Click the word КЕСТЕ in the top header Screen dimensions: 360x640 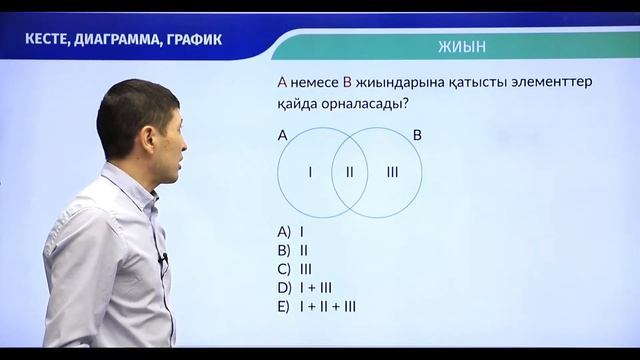pos(54,40)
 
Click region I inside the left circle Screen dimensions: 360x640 pos(310,172)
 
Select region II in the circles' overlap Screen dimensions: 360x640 pos(349,172)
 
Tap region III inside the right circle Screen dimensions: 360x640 pos(391,172)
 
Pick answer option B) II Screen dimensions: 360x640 pos(293,249)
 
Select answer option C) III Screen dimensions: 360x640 pos(295,268)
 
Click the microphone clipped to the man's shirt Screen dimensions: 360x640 pos(163,261)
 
